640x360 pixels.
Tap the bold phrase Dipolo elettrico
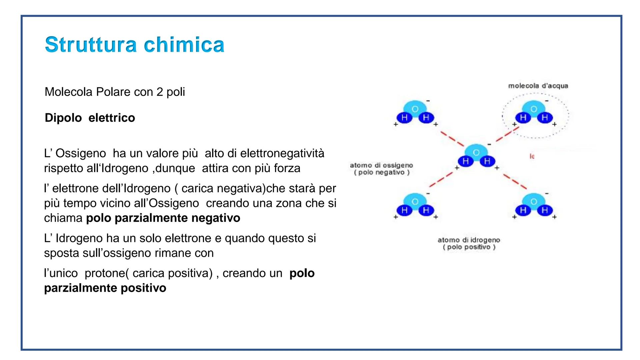point(90,118)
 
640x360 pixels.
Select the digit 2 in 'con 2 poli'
point(159,92)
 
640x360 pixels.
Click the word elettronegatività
point(282,153)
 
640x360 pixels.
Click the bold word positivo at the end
point(143,288)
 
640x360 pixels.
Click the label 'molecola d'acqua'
point(538,86)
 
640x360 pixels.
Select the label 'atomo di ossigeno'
point(381,165)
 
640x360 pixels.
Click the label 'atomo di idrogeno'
point(468,240)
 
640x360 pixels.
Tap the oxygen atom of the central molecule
point(476,152)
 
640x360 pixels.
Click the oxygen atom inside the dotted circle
point(534,109)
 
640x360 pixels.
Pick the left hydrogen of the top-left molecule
point(404,118)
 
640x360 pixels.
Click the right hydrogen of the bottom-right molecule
point(545,210)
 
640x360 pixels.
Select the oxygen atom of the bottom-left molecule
point(415,201)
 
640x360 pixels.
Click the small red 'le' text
point(532,156)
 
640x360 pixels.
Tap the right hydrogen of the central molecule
point(487,162)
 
